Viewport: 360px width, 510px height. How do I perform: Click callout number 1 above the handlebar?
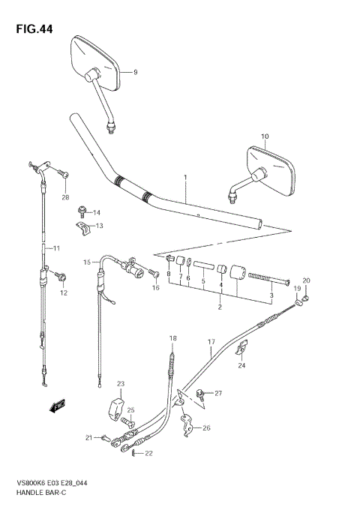coord(183,178)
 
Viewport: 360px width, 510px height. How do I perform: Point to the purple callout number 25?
coord(131,410)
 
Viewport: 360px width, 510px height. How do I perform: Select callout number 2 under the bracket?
coord(220,306)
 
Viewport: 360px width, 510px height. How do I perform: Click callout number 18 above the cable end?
coord(172,338)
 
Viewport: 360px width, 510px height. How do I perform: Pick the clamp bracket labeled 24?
coord(241,348)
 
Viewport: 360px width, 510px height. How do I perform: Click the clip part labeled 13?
coord(83,226)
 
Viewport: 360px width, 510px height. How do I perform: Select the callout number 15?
coord(86,262)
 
